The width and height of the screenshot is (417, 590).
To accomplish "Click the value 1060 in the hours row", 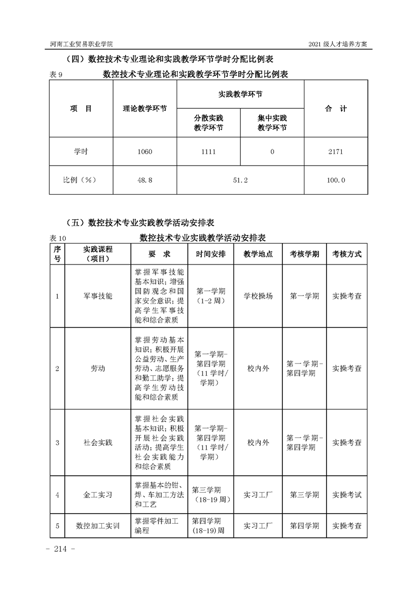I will (x=145, y=151).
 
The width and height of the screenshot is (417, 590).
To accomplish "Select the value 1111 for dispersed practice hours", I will (x=208, y=151).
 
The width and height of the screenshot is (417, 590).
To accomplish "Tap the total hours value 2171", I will (x=336, y=151).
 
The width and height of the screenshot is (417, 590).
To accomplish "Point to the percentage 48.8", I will (x=145, y=180).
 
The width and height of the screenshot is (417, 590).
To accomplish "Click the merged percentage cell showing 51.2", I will (x=240, y=180).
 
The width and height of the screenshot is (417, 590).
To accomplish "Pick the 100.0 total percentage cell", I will (x=336, y=180).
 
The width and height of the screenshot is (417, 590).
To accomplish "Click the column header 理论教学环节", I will (x=145, y=109).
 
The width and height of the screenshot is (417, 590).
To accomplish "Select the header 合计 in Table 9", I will (x=336, y=109).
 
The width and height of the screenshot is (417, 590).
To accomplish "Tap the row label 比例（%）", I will (x=81, y=180).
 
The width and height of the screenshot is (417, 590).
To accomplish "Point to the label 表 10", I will (x=58, y=238).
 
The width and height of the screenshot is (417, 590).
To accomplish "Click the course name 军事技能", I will (x=98, y=296).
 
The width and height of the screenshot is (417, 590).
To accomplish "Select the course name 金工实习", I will (x=98, y=495).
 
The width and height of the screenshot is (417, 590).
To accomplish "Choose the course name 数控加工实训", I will (x=98, y=525).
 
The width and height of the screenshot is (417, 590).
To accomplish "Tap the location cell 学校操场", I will (x=258, y=296).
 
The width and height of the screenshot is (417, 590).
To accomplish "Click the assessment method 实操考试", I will (x=347, y=495).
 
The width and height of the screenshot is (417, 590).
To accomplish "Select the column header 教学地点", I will (x=258, y=253).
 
